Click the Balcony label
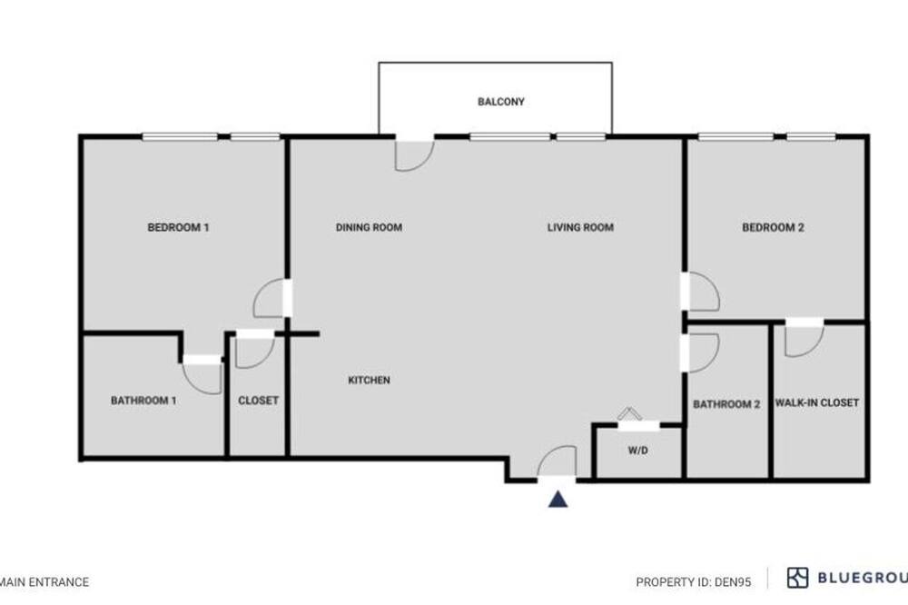501,102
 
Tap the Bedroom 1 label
178,227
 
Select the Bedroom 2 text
773,227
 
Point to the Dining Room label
369,227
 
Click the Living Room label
580,227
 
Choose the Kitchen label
369,380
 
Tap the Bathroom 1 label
143,401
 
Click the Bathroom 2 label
726,404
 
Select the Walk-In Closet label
817,402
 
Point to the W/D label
638,451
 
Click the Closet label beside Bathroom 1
258,401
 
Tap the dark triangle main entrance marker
558,499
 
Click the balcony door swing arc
426,163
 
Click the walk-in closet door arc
815,347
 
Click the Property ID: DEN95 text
694,581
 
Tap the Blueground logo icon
797,578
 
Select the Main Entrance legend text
44,581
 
